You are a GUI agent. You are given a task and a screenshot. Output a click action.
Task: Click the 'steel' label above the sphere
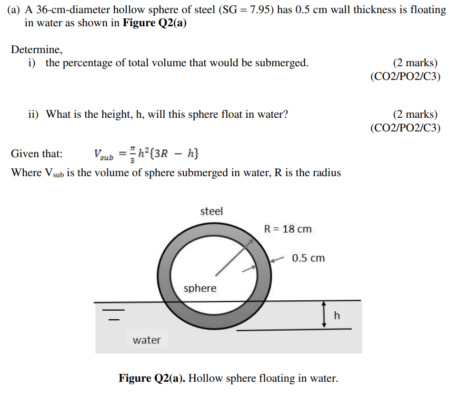(212, 211)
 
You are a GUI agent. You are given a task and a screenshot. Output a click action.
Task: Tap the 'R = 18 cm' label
(287, 229)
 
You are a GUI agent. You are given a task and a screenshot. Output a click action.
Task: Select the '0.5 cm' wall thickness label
(308, 258)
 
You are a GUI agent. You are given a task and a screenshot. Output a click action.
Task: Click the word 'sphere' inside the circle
(200, 288)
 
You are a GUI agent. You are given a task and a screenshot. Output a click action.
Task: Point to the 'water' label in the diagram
(147, 340)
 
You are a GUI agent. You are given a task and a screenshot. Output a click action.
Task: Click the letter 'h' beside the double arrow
(337, 315)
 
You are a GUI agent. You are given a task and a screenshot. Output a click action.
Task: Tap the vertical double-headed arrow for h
(325, 315)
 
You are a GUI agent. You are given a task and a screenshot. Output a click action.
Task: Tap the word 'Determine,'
(37, 50)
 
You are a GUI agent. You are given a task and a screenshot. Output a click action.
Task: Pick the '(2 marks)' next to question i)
(415, 63)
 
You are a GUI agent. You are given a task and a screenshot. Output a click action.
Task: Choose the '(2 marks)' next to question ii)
(415, 114)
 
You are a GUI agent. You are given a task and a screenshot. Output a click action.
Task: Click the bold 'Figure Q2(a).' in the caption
(152, 378)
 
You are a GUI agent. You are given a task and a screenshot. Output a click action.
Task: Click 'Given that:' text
(37, 154)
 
